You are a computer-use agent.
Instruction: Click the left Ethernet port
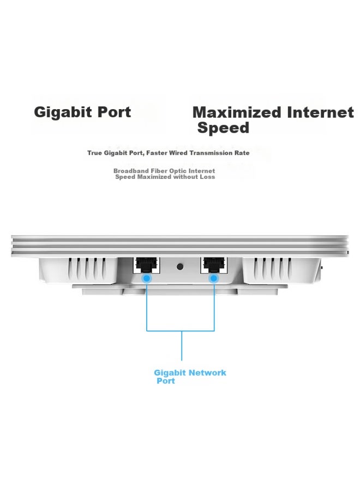tap(147, 265)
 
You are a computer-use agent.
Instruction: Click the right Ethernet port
tap(214, 265)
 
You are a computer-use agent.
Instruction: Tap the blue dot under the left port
tap(147, 278)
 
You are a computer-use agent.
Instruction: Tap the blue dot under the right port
tap(214, 278)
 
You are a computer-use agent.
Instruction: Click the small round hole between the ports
tap(180, 267)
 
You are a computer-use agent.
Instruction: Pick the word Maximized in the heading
tap(237, 112)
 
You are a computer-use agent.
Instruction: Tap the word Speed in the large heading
tap(223, 128)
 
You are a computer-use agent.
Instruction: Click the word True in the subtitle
tap(94, 153)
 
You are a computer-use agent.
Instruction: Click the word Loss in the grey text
tap(208, 177)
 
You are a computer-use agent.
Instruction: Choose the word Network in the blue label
tap(207, 373)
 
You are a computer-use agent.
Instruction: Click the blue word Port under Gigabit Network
tap(166, 381)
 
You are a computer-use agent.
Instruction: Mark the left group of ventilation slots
tap(87, 268)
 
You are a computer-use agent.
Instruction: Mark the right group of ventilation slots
tap(272, 268)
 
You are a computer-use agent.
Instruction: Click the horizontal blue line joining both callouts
tap(181, 331)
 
